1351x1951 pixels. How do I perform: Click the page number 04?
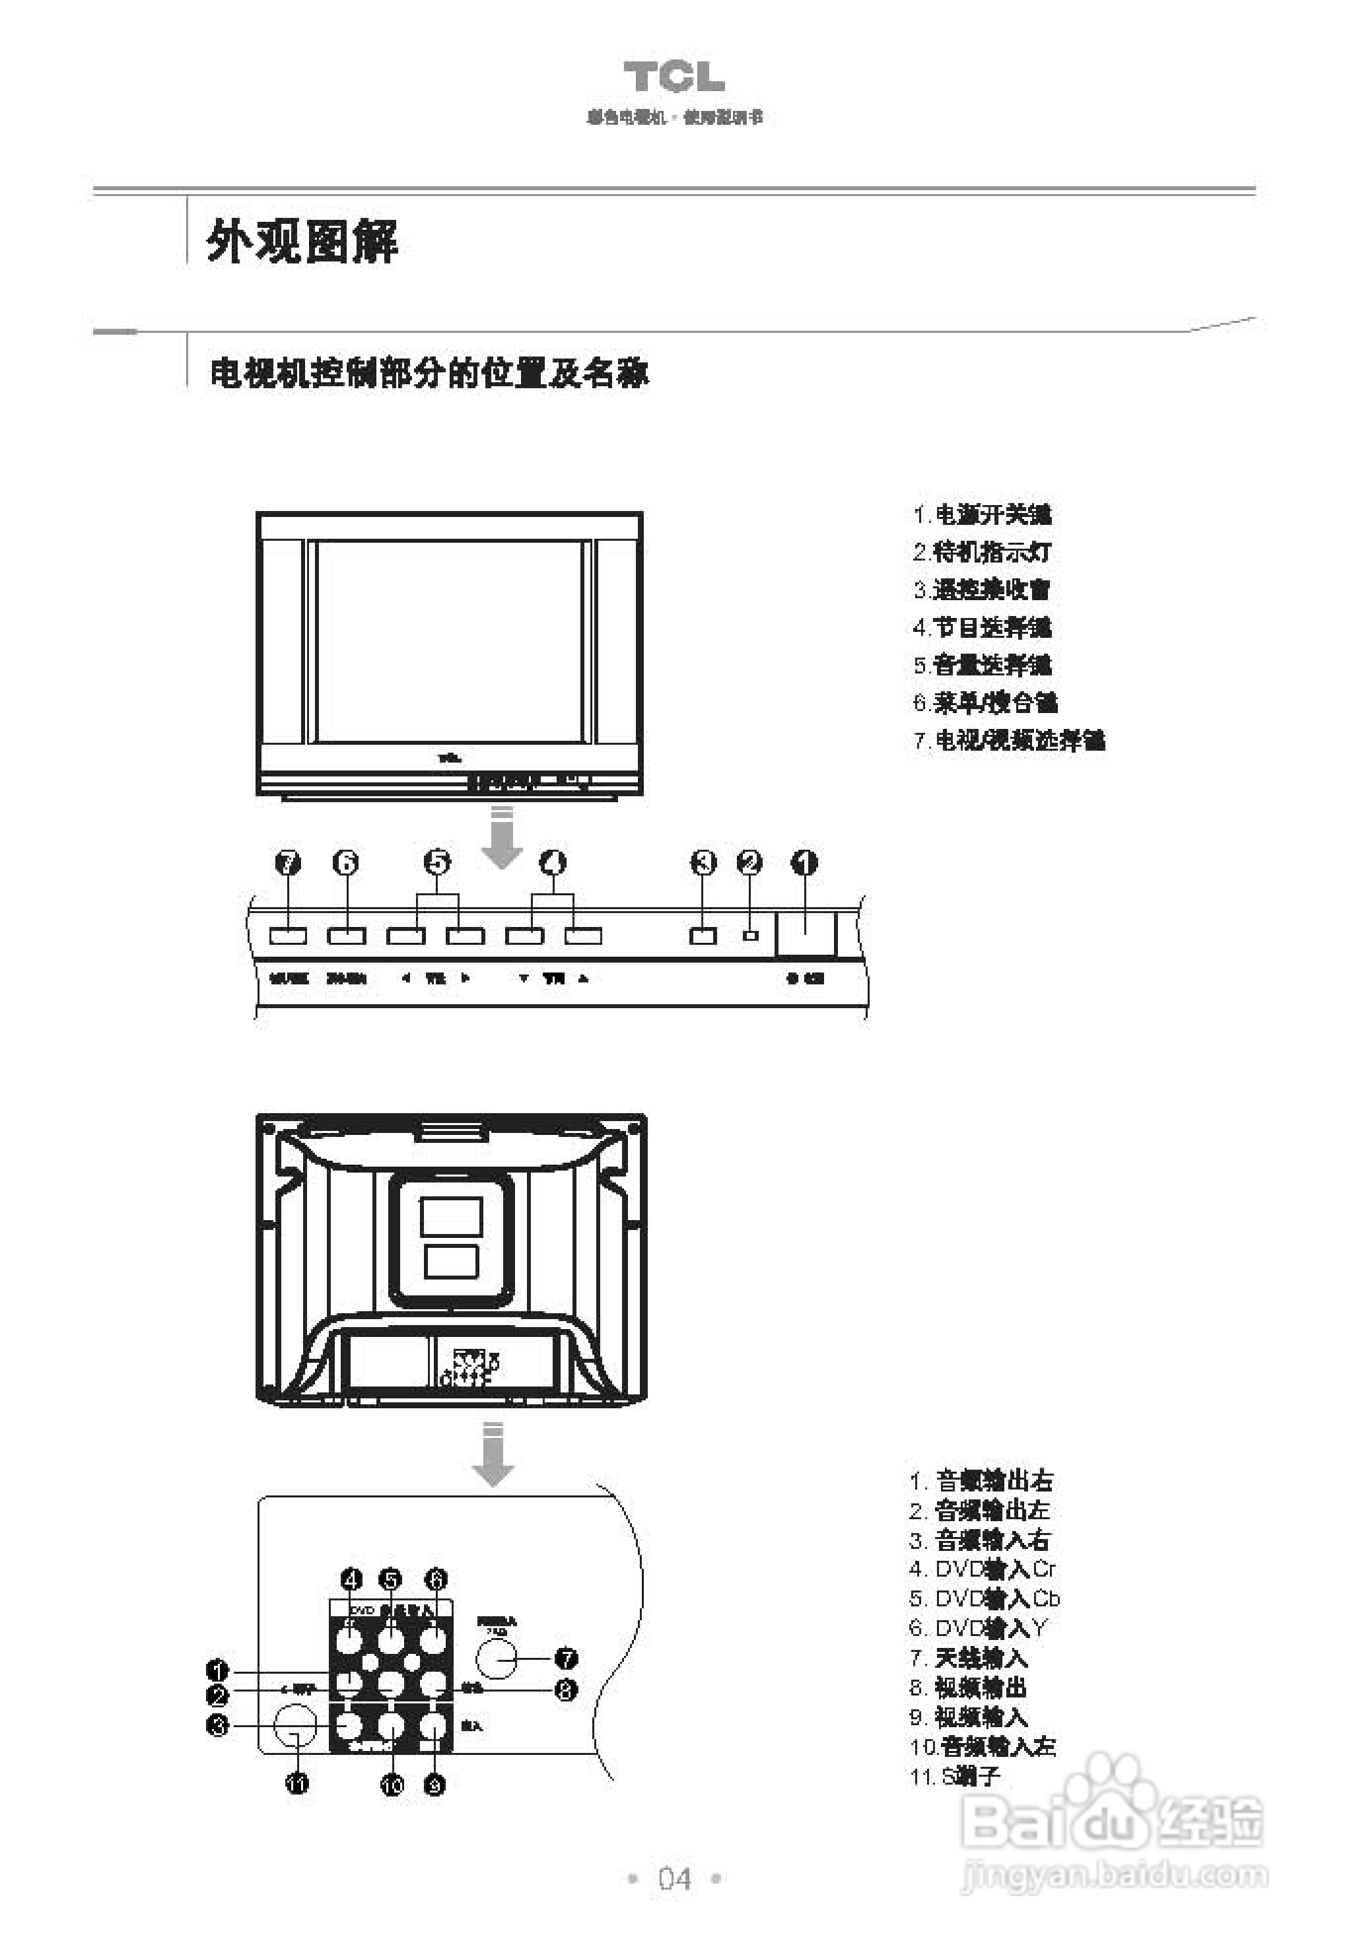click(675, 1878)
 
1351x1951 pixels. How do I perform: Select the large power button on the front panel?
click(805, 933)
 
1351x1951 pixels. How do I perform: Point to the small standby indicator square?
click(750, 936)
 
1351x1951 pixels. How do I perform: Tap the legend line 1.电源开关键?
click(981, 514)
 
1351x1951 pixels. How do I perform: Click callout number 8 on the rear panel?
click(565, 1690)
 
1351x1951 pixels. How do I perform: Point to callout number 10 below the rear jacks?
click(392, 1785)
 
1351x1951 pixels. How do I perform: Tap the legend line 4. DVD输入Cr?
click(982, 1569)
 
